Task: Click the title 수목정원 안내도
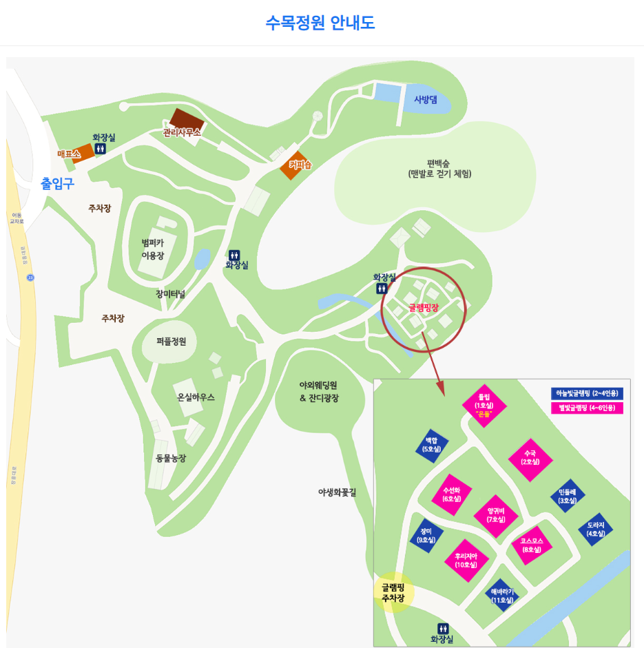tap(320, 23)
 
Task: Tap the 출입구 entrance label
tap(57, 183)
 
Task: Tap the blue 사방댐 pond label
tap(425, 99)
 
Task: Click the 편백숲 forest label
tap(439, 169)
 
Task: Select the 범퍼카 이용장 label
tap(153, 249)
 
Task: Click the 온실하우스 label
tap(196, 397)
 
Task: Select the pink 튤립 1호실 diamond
tap(484, 406)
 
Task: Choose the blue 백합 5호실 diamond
tap(432, 444)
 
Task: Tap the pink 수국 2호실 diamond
tap(530, 457)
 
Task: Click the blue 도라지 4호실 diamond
tap(596, 529)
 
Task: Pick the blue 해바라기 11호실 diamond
tap(502, 595)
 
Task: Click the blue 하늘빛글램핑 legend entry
tap(586, 393)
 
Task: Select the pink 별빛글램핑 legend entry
tap(586, 408)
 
